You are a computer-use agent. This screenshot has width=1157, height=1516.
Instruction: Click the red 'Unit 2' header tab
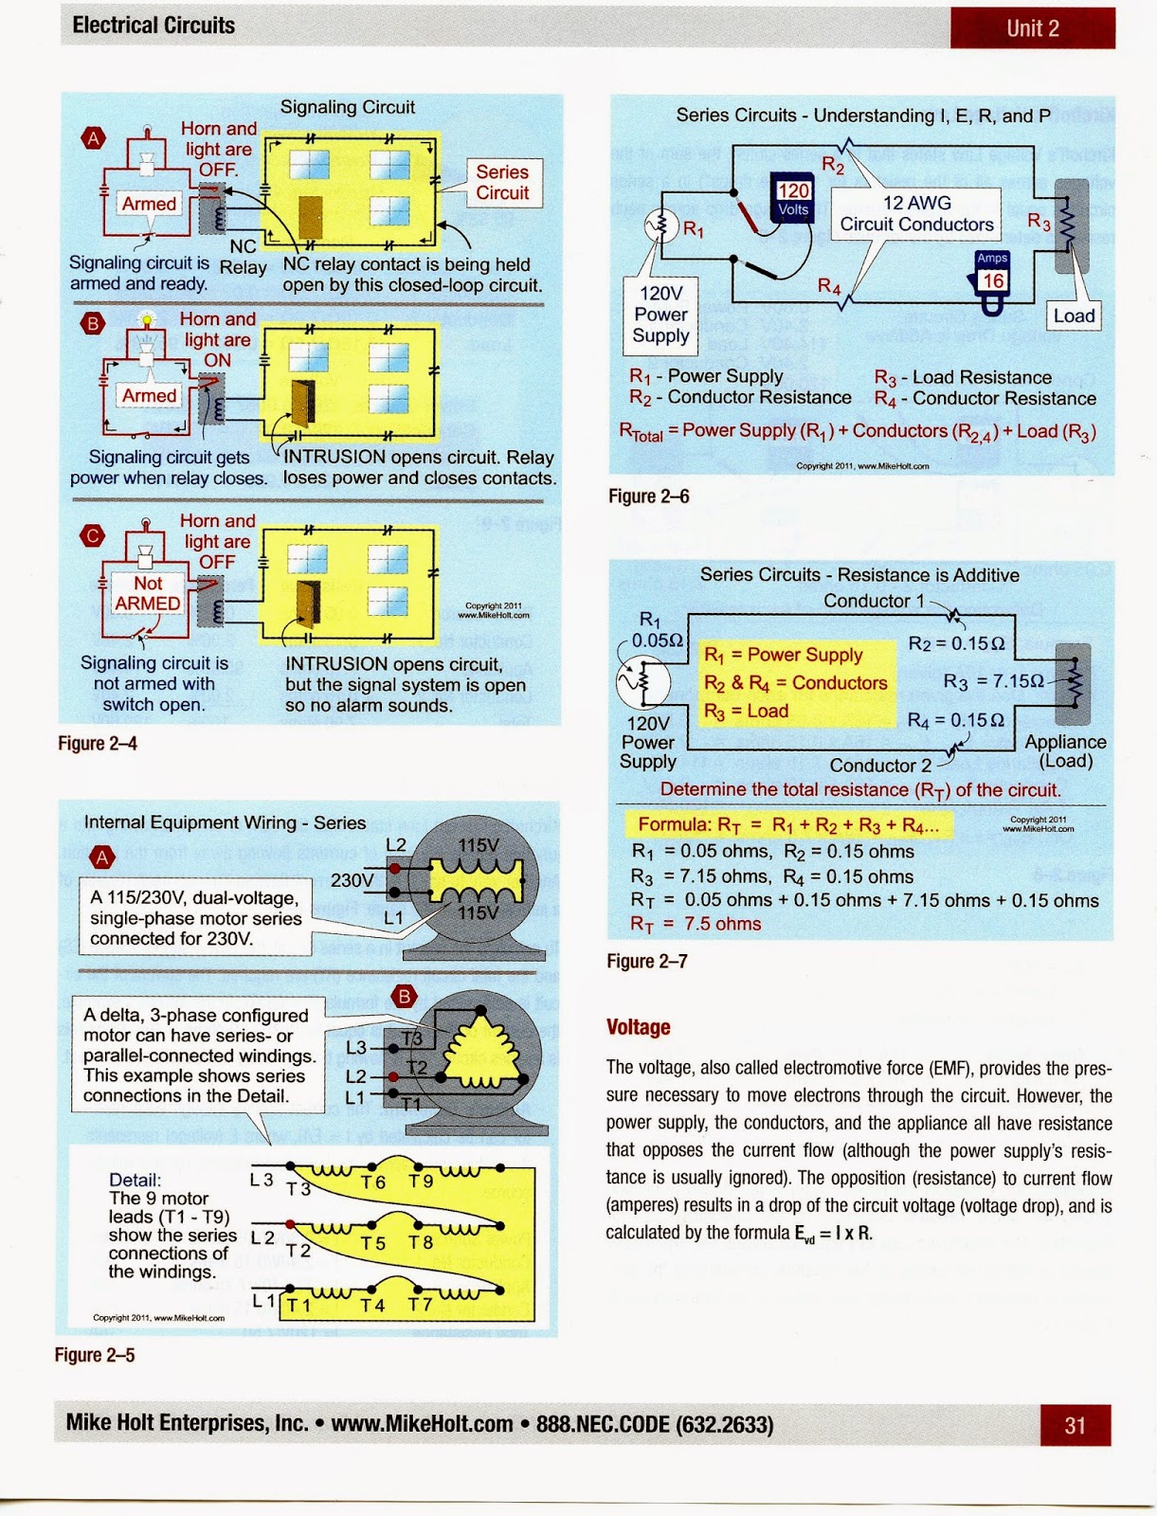(1032, 27)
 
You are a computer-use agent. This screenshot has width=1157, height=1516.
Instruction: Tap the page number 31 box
(1075, 1425)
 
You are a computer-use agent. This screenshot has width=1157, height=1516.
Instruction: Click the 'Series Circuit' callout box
(502, 182)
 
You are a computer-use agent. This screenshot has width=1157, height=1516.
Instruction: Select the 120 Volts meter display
(793, 199)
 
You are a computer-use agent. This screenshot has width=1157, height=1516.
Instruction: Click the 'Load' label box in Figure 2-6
(1074, 316)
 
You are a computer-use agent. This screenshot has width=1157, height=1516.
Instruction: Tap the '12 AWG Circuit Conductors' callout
(916, 213)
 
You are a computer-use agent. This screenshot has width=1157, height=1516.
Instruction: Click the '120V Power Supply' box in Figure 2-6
(660, 315)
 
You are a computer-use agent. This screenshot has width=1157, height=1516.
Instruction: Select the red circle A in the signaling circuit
(93, 139)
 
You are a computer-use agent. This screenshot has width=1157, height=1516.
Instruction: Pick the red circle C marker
(93, 536)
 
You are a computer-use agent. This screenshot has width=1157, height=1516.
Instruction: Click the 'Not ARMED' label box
(148, 593)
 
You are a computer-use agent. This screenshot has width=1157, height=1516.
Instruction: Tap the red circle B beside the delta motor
(405, 996)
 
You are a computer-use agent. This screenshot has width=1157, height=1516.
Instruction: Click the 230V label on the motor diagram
(352, 880)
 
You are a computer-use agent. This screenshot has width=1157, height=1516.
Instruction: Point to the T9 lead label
(421, 1181)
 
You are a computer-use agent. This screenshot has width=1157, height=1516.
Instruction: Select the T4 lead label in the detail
(372, 1305)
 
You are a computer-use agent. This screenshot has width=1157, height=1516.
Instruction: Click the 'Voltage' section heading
(638, 1027)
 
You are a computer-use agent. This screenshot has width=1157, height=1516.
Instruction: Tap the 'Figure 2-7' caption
(647, 961)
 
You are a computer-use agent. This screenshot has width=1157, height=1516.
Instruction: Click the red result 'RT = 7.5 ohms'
(696, 924)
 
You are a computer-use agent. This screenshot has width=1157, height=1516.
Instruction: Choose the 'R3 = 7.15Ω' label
(993, 681)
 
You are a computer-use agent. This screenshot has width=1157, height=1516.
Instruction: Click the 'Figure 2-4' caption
(98, 744)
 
